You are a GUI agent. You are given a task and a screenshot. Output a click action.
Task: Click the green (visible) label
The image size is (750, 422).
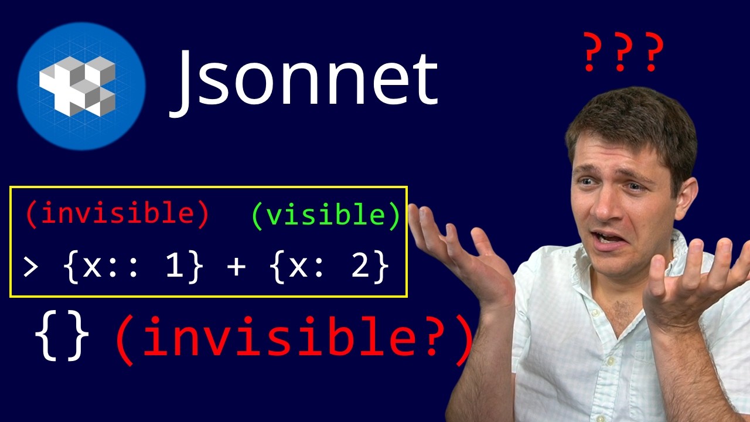[326, 215]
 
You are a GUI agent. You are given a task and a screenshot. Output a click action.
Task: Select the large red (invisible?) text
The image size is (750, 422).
[293, 340]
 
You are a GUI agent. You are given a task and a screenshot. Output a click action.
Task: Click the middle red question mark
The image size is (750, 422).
[623, 53]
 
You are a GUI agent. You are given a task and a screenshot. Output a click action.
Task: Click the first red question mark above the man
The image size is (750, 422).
[593, 53]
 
